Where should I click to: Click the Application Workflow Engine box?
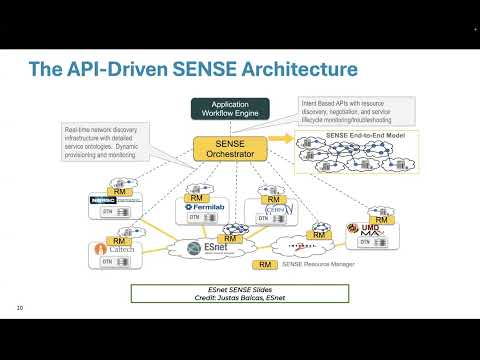point(229,109)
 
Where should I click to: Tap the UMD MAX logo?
point(368,231)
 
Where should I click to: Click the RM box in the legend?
point(265,265)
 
